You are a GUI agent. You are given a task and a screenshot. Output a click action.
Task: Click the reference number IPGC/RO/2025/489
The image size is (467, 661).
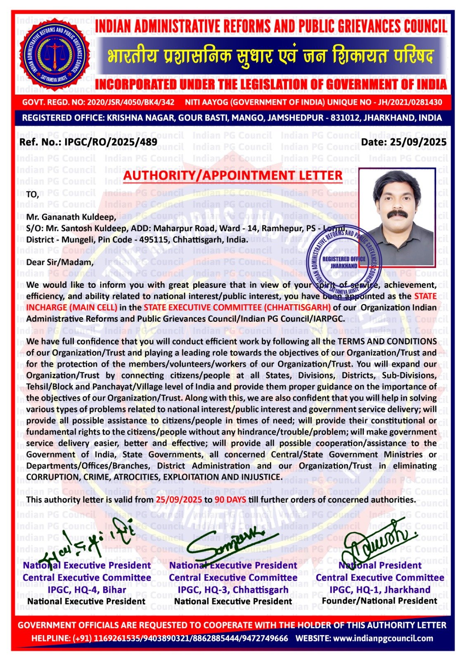click(111, 143)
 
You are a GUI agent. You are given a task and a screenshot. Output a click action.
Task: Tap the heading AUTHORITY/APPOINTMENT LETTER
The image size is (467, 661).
click(233, 175)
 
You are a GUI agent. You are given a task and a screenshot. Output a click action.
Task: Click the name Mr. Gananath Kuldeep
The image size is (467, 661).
click(71, 216)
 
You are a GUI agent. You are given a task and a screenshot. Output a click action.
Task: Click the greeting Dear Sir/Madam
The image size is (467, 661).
click(60, 262)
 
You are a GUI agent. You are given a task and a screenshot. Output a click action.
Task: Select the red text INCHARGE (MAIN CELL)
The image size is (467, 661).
click(71, 307)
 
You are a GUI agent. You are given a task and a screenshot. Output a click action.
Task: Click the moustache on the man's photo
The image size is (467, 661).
click(397, 214)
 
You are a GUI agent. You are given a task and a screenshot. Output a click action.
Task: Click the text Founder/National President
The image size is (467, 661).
click(379, 601)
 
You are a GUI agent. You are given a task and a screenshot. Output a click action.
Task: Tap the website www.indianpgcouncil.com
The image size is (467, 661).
click(383, 638)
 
